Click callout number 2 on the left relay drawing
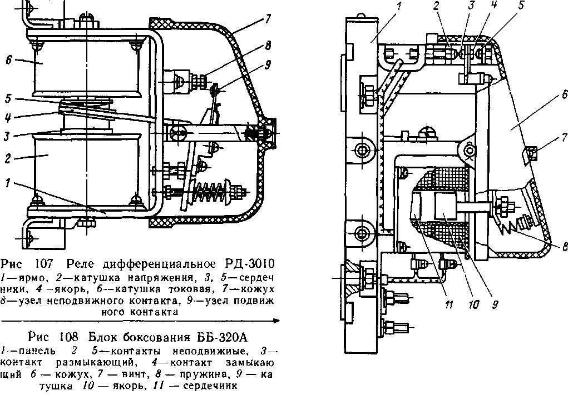coord(8,157)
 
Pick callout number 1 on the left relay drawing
coord(8,182)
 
